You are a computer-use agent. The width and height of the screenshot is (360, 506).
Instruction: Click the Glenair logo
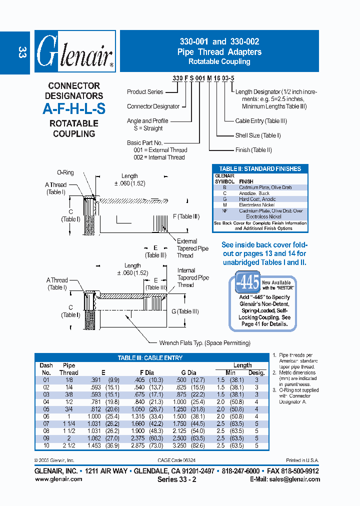[75, 51]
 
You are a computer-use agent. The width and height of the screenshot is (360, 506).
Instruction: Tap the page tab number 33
[21, 53]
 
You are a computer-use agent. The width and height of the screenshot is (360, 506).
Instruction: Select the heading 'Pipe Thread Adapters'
[219, 52]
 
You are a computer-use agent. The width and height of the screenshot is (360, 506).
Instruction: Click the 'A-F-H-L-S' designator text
[74, 109]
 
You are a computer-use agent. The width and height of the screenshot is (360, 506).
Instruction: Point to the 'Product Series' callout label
[144, 91]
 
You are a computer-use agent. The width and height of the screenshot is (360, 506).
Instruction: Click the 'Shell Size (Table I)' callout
[258, 135]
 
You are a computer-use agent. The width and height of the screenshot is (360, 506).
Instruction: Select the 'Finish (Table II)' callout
[253, 150]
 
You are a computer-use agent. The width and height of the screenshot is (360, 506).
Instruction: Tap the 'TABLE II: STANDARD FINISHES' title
[260, 169]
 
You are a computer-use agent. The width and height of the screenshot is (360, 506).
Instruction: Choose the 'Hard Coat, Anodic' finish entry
[257, 199]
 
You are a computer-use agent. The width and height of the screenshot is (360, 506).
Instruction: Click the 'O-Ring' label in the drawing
[65, 172]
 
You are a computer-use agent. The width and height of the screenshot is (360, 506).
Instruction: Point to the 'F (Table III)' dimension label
[185, 216]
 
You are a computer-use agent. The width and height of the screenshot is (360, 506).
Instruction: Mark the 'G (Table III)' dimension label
[184, 311]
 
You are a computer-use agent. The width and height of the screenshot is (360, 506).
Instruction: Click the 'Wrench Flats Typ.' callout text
[204, 343]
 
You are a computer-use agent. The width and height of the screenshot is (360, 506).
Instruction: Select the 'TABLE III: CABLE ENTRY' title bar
[150, 358]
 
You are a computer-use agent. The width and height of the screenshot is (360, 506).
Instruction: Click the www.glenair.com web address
[58, 479]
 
